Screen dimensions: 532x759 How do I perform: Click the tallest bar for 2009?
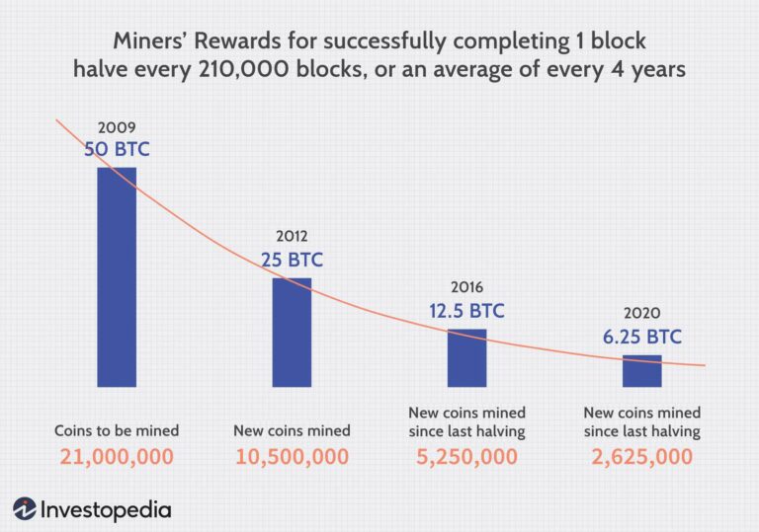tap(117, 276)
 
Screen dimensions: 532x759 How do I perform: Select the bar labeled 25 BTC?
tap(292, 332)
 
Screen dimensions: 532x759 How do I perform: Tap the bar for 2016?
tap(466, 357)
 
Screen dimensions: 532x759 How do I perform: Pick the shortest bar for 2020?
tap(641, 371)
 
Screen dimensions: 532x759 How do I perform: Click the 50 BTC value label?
tap(117, 151)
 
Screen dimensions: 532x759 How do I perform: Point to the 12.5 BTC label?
tap(466, 311)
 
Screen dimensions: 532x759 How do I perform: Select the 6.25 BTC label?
tap(641, 337)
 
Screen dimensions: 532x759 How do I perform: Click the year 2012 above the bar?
tap(292, 237)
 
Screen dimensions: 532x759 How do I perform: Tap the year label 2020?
tap(641, 314)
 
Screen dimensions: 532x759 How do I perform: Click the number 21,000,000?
tap(117, 458)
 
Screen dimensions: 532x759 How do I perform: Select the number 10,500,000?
tap(292, 458)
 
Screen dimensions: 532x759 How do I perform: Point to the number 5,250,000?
tap(466, 458)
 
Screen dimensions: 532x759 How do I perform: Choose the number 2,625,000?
tap(641, 458)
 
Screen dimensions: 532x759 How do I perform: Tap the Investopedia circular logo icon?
tap(25, 509)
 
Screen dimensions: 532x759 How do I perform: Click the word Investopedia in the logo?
tap(106, 509)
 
